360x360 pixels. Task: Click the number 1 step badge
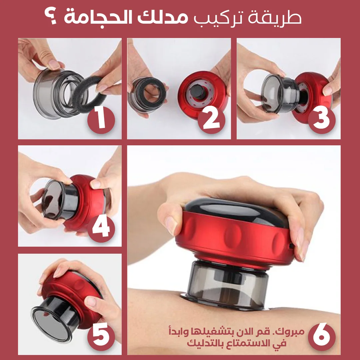pos(101,120)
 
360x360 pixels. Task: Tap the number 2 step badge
pos(211,120)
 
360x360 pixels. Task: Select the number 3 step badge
pos(322,120)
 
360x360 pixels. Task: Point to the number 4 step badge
pos(101,228)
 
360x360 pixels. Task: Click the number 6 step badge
pos(322,337)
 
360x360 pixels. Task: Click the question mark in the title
pos(51,17)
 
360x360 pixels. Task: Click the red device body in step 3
pos(313,96)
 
